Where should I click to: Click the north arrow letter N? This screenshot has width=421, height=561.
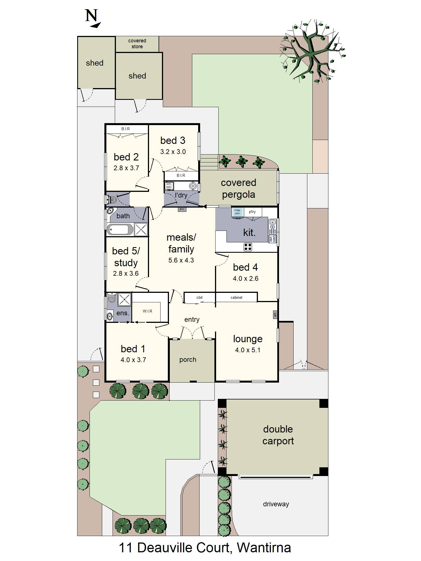pos(91,16)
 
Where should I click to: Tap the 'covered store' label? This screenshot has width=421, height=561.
pos(137,44)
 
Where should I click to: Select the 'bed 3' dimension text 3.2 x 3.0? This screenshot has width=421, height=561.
pos(173,152)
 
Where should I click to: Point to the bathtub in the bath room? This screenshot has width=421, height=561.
pos(120,229)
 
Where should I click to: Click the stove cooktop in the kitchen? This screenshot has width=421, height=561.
pos(248,247)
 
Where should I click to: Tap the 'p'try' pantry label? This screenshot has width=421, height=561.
pos(252,212)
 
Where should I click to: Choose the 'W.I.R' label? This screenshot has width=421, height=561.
pos(147,311)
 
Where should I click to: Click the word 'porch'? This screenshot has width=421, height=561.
pos(188,360)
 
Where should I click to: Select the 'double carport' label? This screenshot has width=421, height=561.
pos(278,435)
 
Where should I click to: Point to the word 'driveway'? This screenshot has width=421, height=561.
pos(276,504)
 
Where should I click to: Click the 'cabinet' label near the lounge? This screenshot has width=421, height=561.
pos(236,297)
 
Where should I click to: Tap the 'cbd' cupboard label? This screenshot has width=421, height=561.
pos(199,297)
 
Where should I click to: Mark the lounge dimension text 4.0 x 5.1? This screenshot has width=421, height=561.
pos(248,350)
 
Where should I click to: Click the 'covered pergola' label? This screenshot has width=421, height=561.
pos(238,188)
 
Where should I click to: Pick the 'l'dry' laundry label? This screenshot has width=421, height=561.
pos(181,195)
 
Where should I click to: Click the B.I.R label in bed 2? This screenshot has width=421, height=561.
pos(125,129)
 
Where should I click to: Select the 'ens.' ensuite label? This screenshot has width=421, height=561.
pos(123,313)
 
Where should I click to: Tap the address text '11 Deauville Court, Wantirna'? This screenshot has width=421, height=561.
pos(205,548)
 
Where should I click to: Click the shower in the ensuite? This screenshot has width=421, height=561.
pos(124,299)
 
